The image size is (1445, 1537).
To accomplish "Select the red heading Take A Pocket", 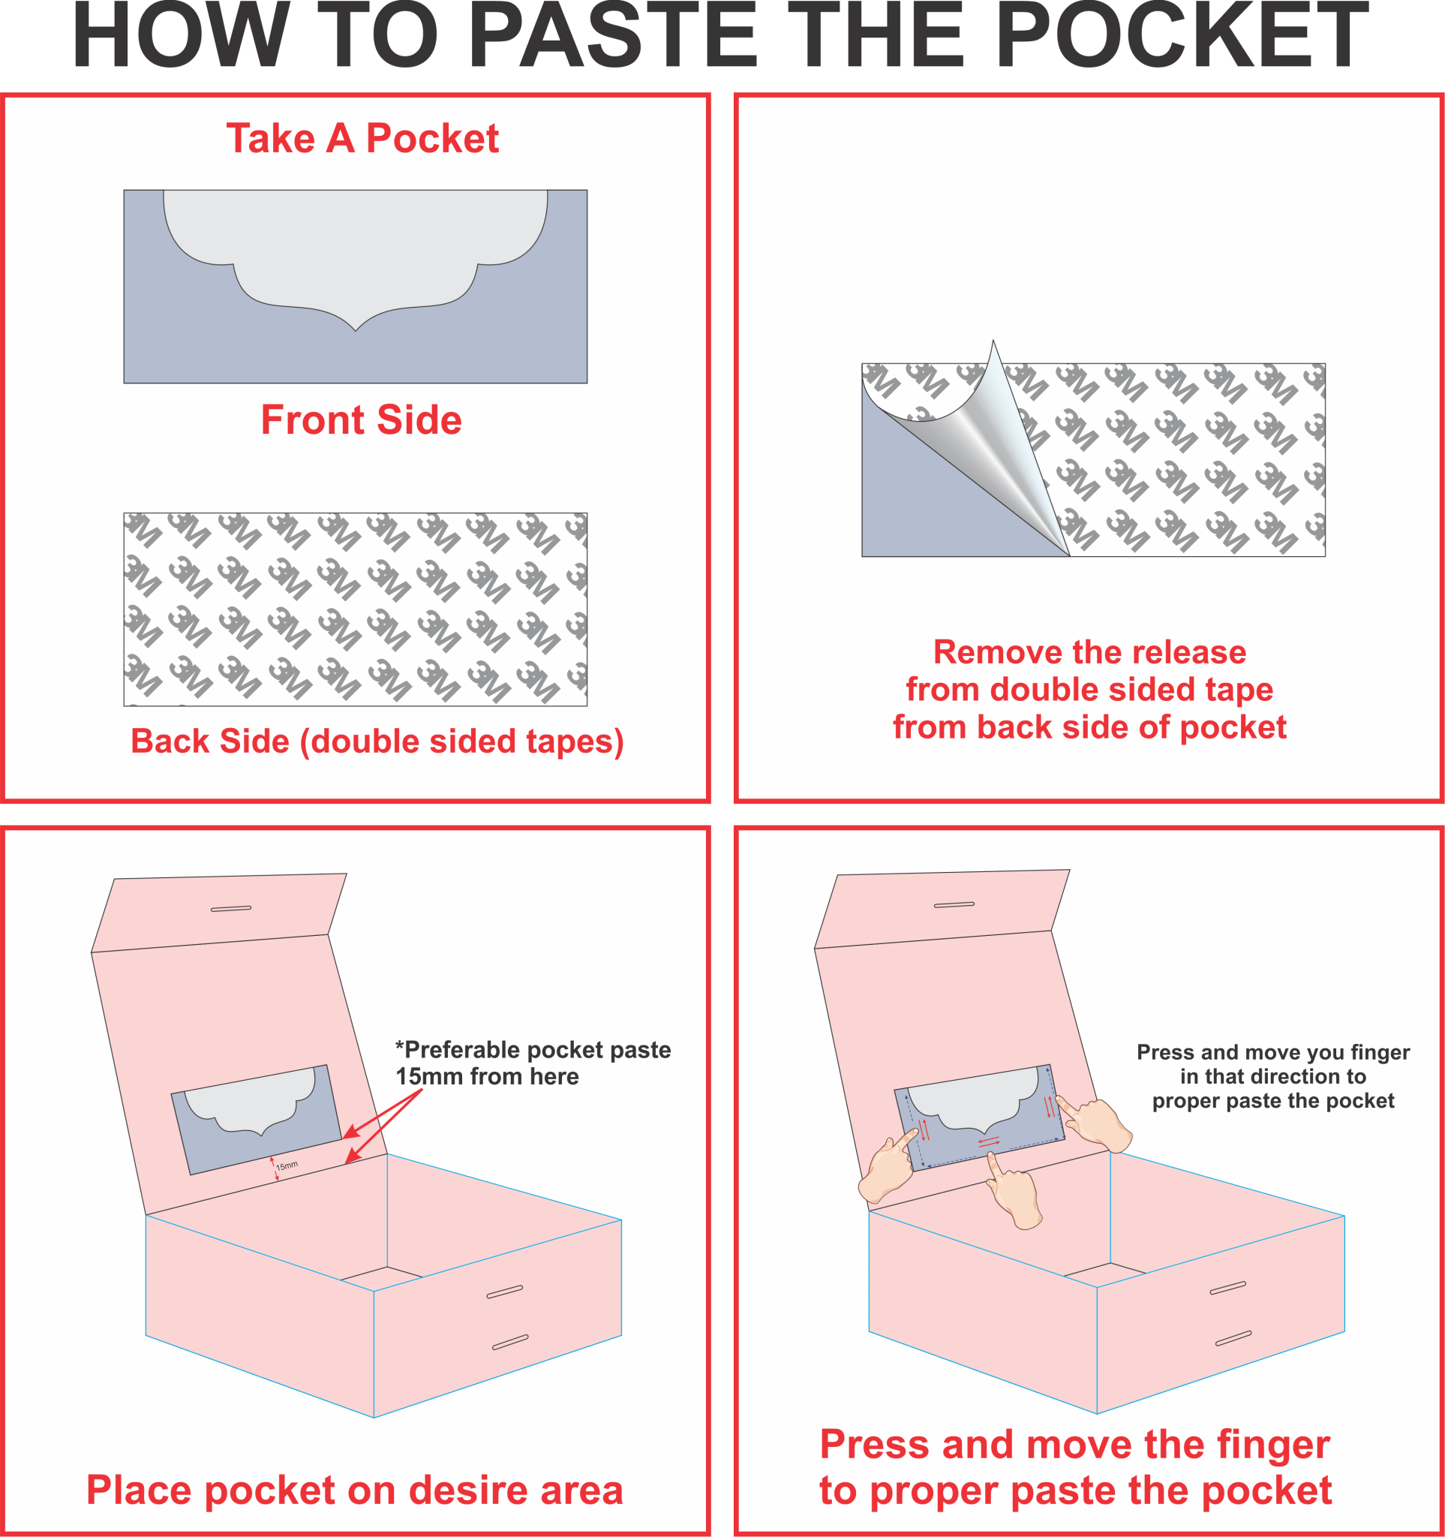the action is click(362, 138).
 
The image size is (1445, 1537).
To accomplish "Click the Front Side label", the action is click(361, 420).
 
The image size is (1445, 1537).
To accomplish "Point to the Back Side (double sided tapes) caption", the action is click(377, 741).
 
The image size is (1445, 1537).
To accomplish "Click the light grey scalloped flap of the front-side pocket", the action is click(356, 248).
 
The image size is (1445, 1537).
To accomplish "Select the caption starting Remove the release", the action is click(1089, 690).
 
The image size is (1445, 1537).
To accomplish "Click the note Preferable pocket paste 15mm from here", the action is click(533, 1063).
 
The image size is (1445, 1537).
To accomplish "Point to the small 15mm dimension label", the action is click(287, 1165).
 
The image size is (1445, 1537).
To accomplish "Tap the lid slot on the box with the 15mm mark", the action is click(231, 908).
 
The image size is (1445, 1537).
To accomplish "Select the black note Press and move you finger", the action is click(1272, 1076).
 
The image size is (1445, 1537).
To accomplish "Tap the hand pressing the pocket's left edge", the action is click(888, 1166).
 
